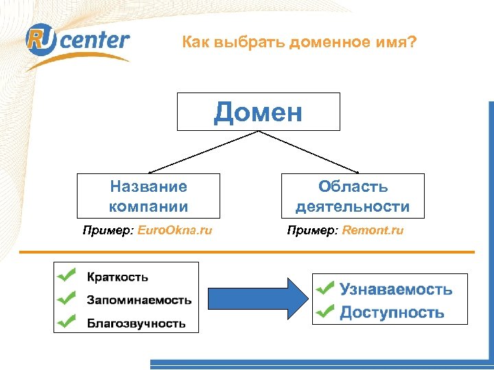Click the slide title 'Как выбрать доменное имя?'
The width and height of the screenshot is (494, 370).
click(x=299, y=42)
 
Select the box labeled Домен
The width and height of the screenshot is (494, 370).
click(x=258, y=112)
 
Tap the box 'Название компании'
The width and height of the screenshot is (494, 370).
click(x=148, y=196)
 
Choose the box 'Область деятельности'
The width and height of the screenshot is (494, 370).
click(x=352, y=196)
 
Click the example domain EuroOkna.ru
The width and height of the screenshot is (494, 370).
click(x=175, y=230)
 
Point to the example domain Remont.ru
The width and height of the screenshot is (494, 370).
click(x=372, y=230)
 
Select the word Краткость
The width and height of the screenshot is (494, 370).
click(x=117, y=277)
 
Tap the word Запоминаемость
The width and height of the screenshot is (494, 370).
click(x=139, y=300)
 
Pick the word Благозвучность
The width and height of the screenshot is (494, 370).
click(x=136, y=323)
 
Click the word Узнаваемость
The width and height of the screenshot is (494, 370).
click(x=396, y=289)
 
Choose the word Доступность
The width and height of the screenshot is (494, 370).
click(x=392, y=313)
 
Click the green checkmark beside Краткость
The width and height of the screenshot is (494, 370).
click(x=67, y=275)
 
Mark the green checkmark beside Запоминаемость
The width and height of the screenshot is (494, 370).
click(x=67, y=298)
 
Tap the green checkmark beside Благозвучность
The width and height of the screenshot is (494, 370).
click(x=67, y=321)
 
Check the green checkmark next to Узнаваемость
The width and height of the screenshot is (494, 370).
click(x=325, y=288)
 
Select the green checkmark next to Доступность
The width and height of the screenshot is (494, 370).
click(x=325, y=312)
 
